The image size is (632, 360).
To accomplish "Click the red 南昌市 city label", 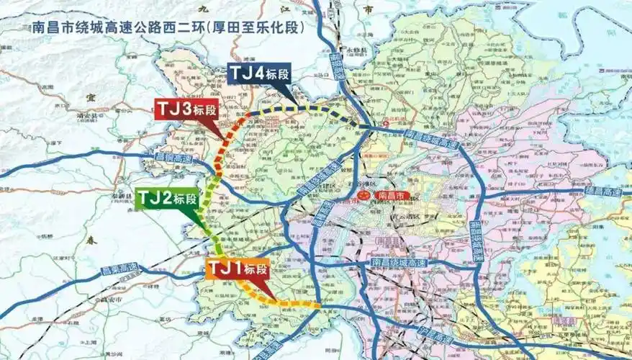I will coord(393,195).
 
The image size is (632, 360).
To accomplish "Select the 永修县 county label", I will coord(358,52).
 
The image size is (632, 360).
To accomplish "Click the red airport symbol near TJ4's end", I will coord(385,124).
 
